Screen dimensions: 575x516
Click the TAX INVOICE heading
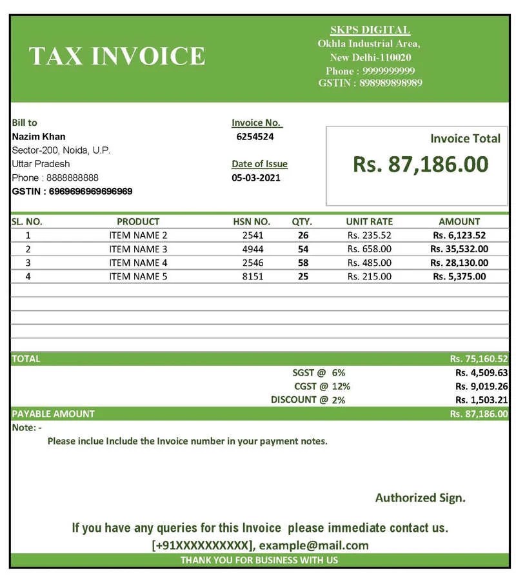pos(117,56)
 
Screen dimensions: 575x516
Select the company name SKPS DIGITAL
pos(370,30)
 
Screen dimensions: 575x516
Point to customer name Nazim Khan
pos(39,136)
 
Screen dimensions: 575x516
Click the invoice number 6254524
pos(255,136)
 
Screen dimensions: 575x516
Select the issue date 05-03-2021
pos(256,177)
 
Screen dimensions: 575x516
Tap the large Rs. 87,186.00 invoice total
pos(420,164)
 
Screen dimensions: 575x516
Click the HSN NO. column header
pos(252,221)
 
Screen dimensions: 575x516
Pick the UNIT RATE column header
pos(369,221)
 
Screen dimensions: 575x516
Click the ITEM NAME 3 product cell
pos(138,249)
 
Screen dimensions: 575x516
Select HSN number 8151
pos(253,276)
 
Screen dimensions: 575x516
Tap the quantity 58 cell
pos(303,263)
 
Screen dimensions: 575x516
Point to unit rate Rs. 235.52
pos(369,236)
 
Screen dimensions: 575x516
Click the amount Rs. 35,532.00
pos(459,249)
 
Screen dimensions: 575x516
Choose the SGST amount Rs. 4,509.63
pos(481,372)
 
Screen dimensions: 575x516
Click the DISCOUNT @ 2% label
pos(308,399)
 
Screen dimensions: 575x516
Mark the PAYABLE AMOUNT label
pos(54,414)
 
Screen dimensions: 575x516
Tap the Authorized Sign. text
pos(420,498)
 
